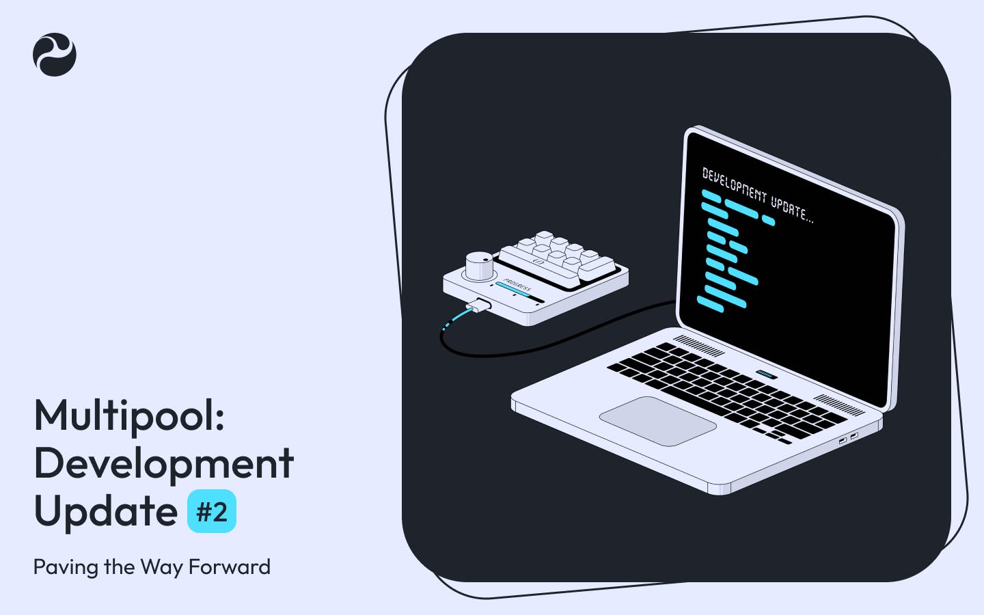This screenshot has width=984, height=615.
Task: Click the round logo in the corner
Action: pos(55,55)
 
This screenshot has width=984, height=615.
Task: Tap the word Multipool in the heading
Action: pos(129,415)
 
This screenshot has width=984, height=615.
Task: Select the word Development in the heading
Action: pos(164,464)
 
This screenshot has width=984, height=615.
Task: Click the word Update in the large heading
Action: pos(106,512)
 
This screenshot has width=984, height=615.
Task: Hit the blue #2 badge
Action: pos(212,512)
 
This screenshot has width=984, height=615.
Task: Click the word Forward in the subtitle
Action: pos(230,567)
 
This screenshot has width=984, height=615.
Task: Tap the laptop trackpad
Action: pos(657,420)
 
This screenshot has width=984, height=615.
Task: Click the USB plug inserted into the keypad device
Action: pos(479,306)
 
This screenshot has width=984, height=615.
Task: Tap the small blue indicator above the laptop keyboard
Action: pos(765,374)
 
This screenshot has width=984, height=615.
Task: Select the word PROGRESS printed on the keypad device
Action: pos(517,284)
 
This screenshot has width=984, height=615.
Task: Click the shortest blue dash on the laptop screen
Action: pos(768,221)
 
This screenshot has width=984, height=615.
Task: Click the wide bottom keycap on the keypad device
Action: pos(594,268)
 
